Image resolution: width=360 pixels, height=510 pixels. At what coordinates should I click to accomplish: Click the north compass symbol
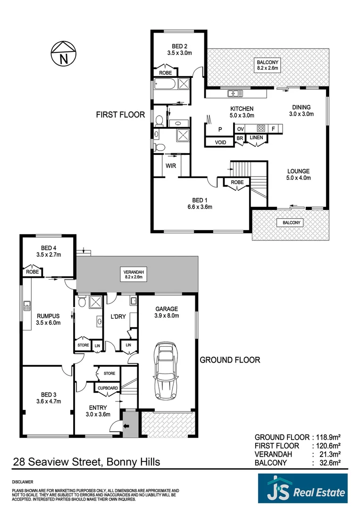pyautogui.click(x=64, y=53)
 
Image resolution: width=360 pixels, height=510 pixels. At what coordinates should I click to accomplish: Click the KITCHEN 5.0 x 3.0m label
pyautogui.click(x=242, y=112)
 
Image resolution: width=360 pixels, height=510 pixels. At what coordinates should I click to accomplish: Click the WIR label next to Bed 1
pyautogui.click(x=170, y=166)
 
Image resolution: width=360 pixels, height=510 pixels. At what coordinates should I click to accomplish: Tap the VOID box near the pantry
pyautogui.click(x=220, y=142)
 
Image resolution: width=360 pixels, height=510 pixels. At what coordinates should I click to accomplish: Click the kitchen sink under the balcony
pyautogui.click(x=234, y=93)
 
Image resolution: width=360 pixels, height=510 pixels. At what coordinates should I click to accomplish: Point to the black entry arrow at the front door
pyautogui.click(x=126, y=425)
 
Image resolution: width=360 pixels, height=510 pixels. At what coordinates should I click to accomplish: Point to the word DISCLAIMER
pyautogui.click(x=23, y=482)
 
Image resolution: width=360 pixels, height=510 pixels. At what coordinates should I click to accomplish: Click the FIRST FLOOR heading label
pyautogui.click(x=120, y=114)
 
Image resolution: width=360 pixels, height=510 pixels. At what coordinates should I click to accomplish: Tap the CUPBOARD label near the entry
pyautogui.click(x=108, y=388)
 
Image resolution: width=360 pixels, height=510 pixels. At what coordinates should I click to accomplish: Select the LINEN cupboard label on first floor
pyautogui.click(x=256, y=137)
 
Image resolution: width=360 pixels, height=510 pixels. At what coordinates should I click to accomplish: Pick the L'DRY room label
pyautogui.click(x=117, y=316)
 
